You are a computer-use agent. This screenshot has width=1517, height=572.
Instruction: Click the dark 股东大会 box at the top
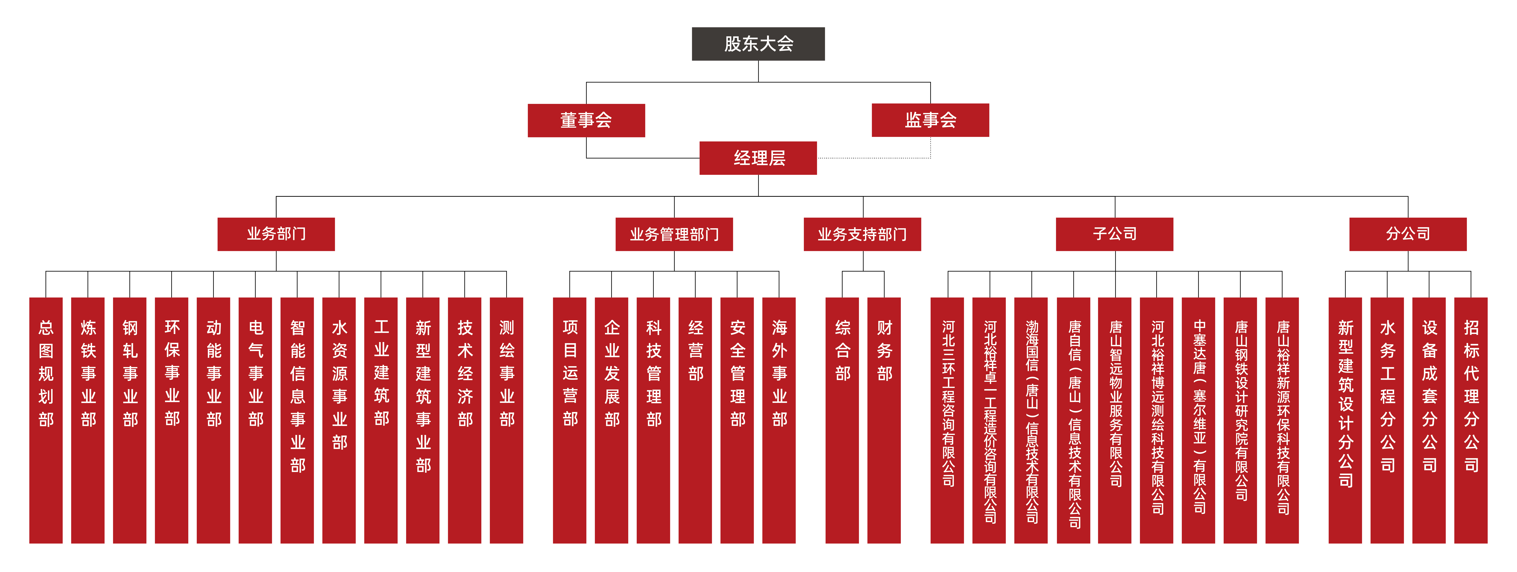(x=758, y=44)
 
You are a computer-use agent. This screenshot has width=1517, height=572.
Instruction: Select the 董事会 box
(x=586, y=120)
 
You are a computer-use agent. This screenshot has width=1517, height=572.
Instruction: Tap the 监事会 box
(x=930, y=120)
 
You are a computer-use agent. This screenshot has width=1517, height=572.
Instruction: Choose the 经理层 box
(x=758, y=158)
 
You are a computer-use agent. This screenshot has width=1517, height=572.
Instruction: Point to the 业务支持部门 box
(x=862, y=234)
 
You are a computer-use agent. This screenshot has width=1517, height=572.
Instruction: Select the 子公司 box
(x=1114, y=234)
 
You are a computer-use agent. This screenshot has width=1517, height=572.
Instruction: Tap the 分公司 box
(x=1408, y=234)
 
